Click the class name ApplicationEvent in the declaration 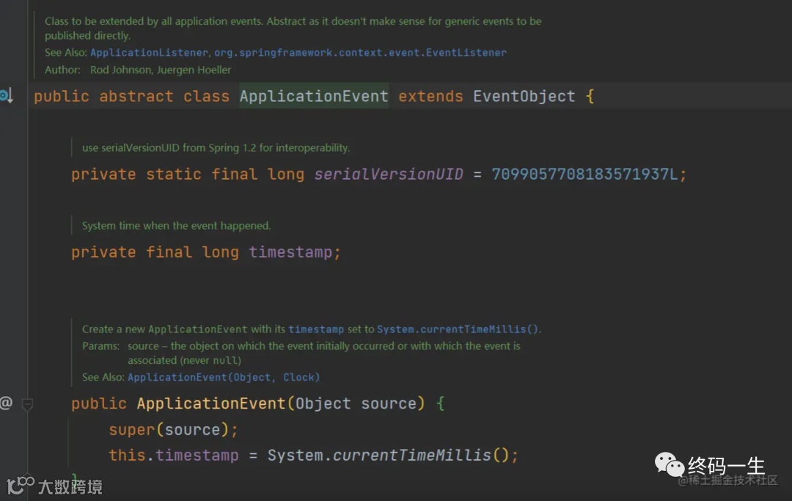(314, 97)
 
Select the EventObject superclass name (524, 97)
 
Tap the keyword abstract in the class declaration (136, 97)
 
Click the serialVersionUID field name (389, 175)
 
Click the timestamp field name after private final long (290, 252)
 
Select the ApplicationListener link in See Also (150, 53)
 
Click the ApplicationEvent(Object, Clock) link (224, 377)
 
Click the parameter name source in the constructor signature (389, 403)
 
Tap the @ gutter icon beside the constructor (6, 403)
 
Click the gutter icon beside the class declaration (7, 96)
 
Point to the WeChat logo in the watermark (669, 464)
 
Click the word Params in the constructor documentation (100, 346)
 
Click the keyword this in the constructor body (127, 456)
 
